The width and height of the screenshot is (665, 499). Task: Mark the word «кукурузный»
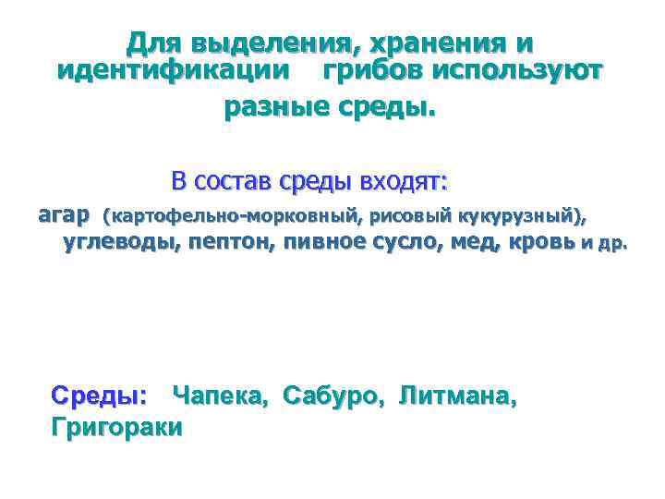coord(516,217)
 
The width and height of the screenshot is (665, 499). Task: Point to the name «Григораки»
coord(117,426)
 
